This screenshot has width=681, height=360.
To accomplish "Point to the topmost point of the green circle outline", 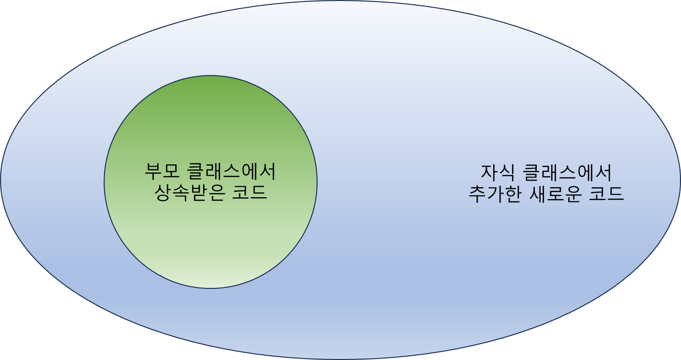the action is [x=211, y=75].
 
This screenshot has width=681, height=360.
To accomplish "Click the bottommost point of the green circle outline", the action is [x=211, y=288].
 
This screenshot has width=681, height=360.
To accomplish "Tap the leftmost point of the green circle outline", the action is [x=104, y=182].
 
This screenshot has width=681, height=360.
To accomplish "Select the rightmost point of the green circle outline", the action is [x=317, y=182].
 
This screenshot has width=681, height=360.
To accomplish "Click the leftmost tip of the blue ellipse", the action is [x=1, y=180].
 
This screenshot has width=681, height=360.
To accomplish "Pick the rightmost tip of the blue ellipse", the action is [x=680, y=180].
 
